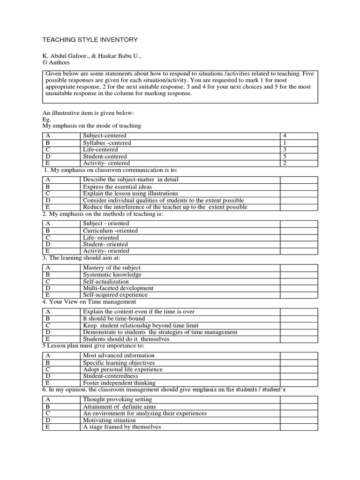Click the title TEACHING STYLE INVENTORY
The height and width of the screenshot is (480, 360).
(90, 40)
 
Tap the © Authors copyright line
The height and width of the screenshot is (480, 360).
(56, 62)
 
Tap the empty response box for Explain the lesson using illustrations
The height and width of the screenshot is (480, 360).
(299, 193)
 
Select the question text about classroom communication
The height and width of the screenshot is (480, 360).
(111, 170)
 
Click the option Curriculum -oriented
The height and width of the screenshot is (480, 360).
(110, 231)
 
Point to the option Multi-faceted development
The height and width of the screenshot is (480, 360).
(118, 288)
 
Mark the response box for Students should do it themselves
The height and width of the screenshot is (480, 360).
(299, 339)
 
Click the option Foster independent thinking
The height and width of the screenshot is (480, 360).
(119, 383)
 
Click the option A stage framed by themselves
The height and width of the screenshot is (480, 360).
(121, 427)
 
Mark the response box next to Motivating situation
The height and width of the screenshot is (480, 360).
(299, 420)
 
